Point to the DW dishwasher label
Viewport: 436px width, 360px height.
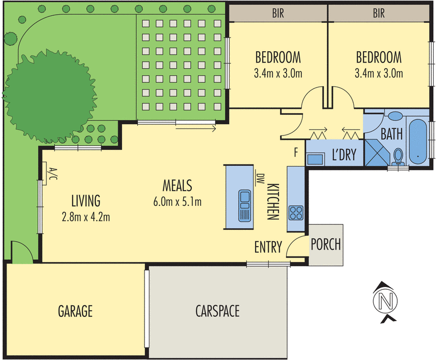point(260,178)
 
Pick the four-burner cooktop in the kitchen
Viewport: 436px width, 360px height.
point(296,211)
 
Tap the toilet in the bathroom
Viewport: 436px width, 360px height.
point(398,156)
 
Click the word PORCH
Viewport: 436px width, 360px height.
point(325,244)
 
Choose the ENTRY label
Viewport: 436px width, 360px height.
point(268,248)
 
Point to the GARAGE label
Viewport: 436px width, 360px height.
point(75,312)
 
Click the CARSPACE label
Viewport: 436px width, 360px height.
point(217,311)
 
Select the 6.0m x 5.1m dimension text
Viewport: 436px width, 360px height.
point(178,202)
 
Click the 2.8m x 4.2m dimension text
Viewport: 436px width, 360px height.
point(86,217)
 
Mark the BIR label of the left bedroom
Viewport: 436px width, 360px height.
point(277,13)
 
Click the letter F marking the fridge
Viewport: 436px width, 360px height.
point(296,152)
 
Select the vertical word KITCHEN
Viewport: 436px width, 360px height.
point(272,201)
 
